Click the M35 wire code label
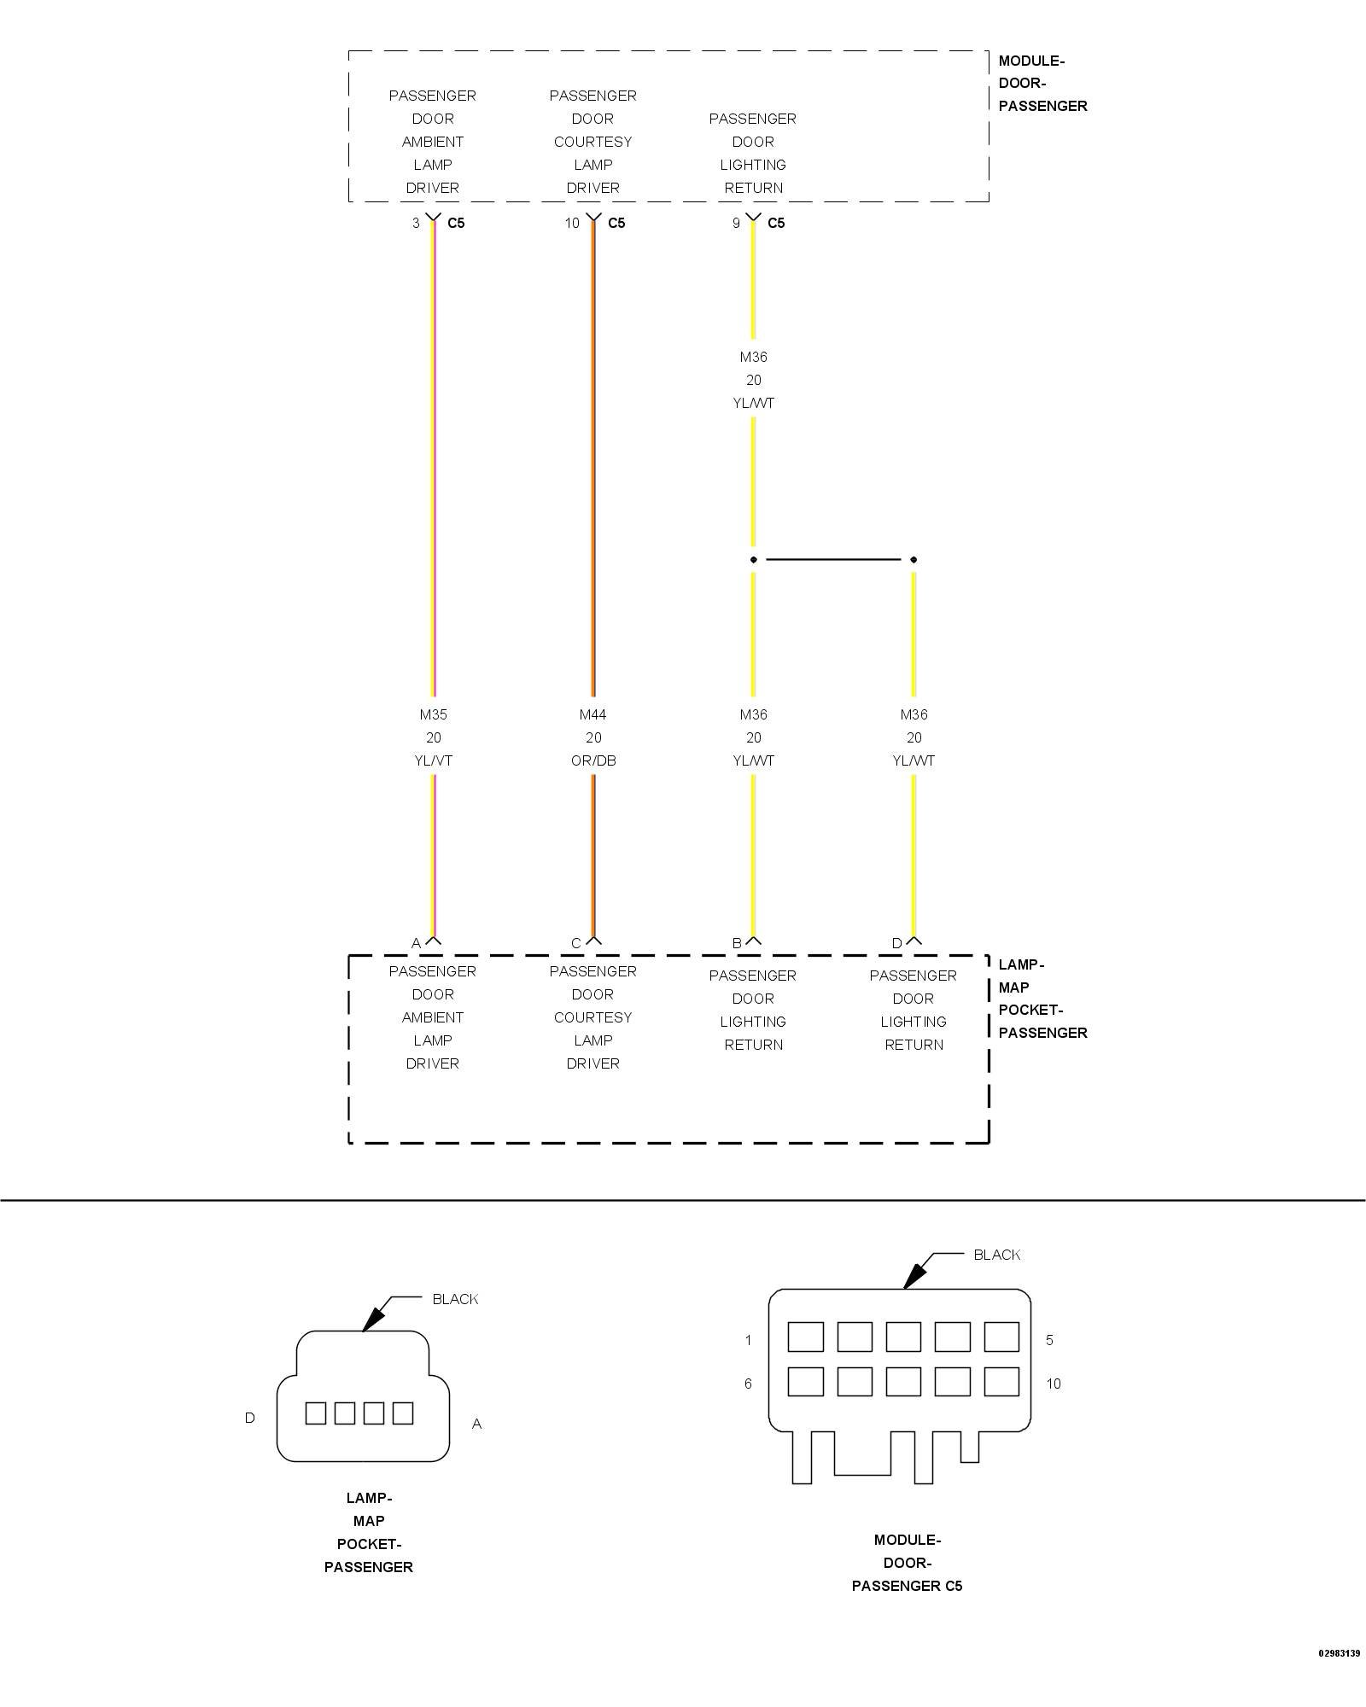(x=433, y=714)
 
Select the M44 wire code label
(x=593, y=714)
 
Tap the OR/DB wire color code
(x=593, y=760)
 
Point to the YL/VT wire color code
(x=433, y=760)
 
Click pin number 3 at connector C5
(x=416, y=223)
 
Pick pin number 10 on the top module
(x=571, y=223)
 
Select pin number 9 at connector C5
(x=736, y=223)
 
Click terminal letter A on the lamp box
(x=416, y=943)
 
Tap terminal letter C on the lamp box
(x=576, y=943)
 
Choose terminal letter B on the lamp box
(x=737, y=943)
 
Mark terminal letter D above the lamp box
(x=896, y=943)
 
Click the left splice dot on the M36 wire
(x=753, y=560)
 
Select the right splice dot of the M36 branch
(x=914, y=560)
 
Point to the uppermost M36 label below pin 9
(x=753, y=357)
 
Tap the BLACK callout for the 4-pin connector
(x=455, y=1299)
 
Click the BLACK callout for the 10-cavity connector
(x=997, y=1255)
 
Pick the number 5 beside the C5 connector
(x=1049, y=1340)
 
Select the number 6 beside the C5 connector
(x=748, y=1384)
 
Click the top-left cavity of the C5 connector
(x=805, y=1337)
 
